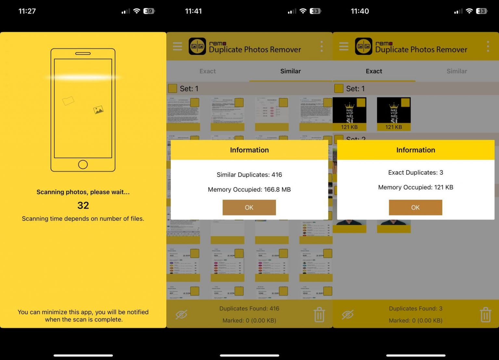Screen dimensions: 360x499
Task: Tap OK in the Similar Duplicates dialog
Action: pos(249,207)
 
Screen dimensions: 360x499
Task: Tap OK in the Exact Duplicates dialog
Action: pos(415,207)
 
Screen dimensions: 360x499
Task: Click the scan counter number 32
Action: pos(83,205)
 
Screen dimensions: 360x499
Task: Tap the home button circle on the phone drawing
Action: pos(83,165)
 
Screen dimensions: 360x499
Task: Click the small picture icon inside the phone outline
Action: pos(98,110)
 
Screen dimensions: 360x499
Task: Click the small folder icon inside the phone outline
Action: pos(68,101)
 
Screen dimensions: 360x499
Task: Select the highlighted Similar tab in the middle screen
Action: pos(290,71)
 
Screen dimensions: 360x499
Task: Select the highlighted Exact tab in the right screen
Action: pos(374,71)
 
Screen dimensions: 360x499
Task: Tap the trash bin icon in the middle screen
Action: pos(319,315)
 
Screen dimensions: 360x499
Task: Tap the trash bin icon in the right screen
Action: pos(485,315)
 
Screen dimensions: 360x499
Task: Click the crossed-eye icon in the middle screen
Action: pos(181,315)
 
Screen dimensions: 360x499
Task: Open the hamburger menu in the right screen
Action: pos(344,46)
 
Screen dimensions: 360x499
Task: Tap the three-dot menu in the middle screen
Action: pos(322,46)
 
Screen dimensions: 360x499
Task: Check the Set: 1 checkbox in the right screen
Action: pos(339,88)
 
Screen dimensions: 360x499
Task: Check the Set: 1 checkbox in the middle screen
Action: pos(173,88)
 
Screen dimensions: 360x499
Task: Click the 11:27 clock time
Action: pos(27,11)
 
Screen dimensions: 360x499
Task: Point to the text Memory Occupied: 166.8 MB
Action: pos(249,190)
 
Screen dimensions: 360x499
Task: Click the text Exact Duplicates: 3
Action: pos(416,172)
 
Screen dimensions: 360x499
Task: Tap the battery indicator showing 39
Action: pos(149,11)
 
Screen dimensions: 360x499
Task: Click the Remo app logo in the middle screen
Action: pos(197,46)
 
